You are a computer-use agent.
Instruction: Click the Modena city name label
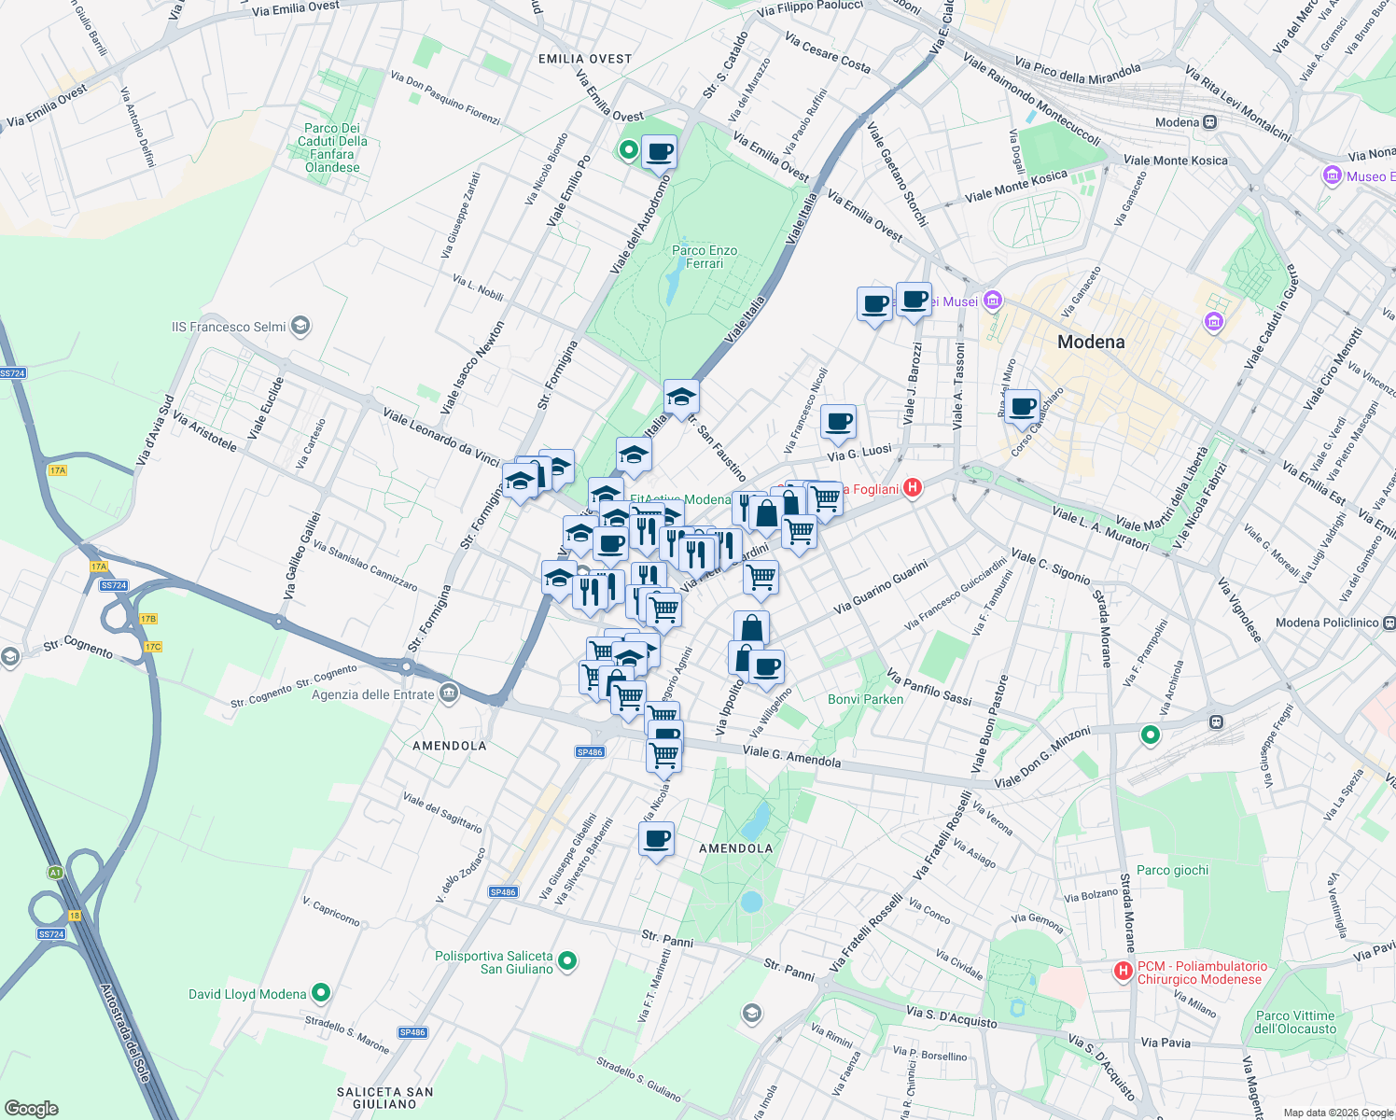point(1091,342)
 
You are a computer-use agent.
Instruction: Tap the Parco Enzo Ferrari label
point(705,257)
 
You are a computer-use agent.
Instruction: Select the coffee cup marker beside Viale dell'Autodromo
point(659,151)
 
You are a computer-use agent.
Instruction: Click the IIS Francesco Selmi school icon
point(300,326)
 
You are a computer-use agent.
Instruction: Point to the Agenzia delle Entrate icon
point(449,693)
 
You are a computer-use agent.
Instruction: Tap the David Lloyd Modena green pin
point(322,993)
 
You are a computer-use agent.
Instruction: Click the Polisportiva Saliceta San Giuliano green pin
point(566,960)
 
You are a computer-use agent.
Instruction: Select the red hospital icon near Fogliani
point(913,487)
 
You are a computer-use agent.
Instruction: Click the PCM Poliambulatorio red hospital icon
point(1124,972)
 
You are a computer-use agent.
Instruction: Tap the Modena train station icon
point(1210,122)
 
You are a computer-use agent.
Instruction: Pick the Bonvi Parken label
point(865,699)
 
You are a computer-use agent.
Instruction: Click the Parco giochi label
point(1172,870)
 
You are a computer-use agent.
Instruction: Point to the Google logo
point(32,1108)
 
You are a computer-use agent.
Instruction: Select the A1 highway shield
point(55,873)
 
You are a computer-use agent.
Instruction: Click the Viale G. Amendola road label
point(791,756)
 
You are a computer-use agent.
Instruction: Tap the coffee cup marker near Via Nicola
point(656,838)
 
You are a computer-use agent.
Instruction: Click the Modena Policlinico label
point(1326,623)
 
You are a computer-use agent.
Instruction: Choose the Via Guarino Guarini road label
point(880,586)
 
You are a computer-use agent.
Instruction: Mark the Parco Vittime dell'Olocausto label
point(1295,1022)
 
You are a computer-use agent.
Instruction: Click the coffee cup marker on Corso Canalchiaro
point(1023,406)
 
